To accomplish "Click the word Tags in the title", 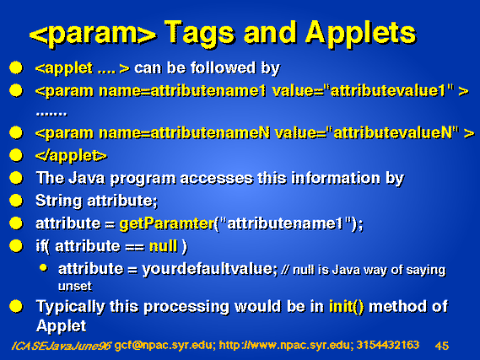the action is point(200,33).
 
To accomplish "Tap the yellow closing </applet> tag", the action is point(71,156).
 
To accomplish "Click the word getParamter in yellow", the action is point(167,223).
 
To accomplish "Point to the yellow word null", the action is point(163,246).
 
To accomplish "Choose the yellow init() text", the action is point(347,307).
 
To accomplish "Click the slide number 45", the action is point(442,346).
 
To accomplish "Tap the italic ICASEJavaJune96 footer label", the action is point(61,346).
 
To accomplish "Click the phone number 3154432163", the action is point(388,345).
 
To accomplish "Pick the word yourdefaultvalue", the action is point(210,269).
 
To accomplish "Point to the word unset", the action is point(75,287).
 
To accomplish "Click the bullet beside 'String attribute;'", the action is point(16,201).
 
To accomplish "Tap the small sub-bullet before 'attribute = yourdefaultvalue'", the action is point(44,268).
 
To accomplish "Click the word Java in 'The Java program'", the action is point(86,178).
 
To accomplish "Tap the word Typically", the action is point(70,307).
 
